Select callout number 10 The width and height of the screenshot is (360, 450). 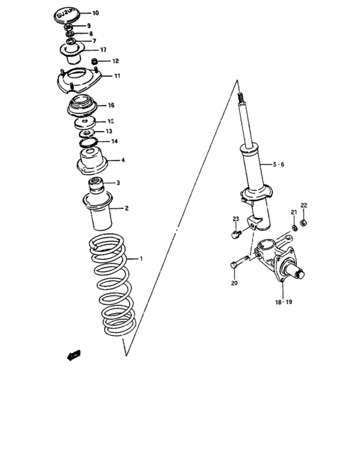(95, 13)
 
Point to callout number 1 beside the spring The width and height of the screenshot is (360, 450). (142, 259)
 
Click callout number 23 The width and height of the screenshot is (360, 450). (235, 219)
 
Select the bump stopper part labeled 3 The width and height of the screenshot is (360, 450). (97, 185)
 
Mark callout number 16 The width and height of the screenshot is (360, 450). (111, 105)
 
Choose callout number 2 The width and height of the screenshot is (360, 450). (127, 208)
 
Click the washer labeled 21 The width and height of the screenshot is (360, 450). (293, 227)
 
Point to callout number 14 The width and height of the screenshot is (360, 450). (114, 141)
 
